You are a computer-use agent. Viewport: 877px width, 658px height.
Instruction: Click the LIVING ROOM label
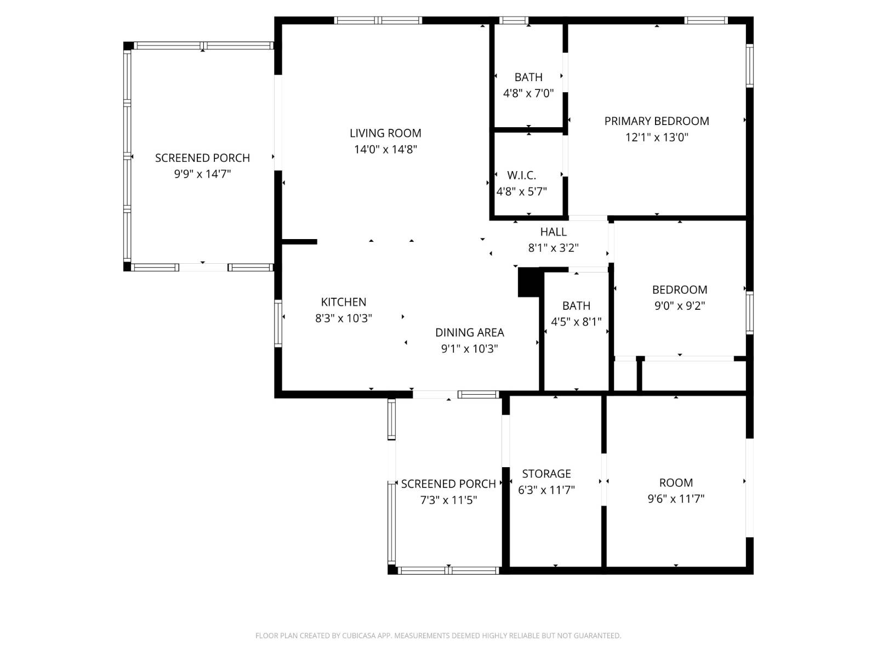[x=385, y=133]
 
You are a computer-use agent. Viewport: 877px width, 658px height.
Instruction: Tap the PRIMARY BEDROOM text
[x=657, y=121]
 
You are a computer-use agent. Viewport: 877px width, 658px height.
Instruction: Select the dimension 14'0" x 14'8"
[x=385, y=149]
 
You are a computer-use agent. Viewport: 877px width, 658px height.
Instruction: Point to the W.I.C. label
[x=521, y=175]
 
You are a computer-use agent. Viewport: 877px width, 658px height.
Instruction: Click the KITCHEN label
[x=344, y=302]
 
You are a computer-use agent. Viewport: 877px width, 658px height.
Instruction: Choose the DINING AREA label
[x=469, y=332]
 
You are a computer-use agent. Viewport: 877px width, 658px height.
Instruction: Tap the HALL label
[x=554, y=232]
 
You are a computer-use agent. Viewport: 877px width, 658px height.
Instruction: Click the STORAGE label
[x=546, y=473]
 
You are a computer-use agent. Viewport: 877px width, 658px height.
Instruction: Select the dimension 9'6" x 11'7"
[x=676, y=498]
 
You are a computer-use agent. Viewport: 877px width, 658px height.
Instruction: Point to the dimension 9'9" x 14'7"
[x=203, y=174]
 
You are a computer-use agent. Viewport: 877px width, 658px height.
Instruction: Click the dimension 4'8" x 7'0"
[x=528, y=93]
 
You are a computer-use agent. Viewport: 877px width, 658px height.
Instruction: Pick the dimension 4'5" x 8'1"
[x=576, y=322]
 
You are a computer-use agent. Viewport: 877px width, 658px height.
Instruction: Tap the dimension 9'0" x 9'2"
[x=680, y=305]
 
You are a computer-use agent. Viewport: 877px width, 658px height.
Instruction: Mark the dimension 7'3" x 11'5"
[x=448, y=500]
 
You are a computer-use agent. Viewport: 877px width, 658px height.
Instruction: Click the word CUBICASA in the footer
[x=358, y=636]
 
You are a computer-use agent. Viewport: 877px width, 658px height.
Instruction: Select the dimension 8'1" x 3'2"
[x=554, y=248]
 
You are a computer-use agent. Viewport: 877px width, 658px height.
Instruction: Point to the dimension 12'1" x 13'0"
[x=657, y=138]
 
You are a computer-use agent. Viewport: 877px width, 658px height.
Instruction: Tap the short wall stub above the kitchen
[x=299, y=242]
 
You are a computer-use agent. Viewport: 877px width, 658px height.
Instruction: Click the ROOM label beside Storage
[x=676, y=483]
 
